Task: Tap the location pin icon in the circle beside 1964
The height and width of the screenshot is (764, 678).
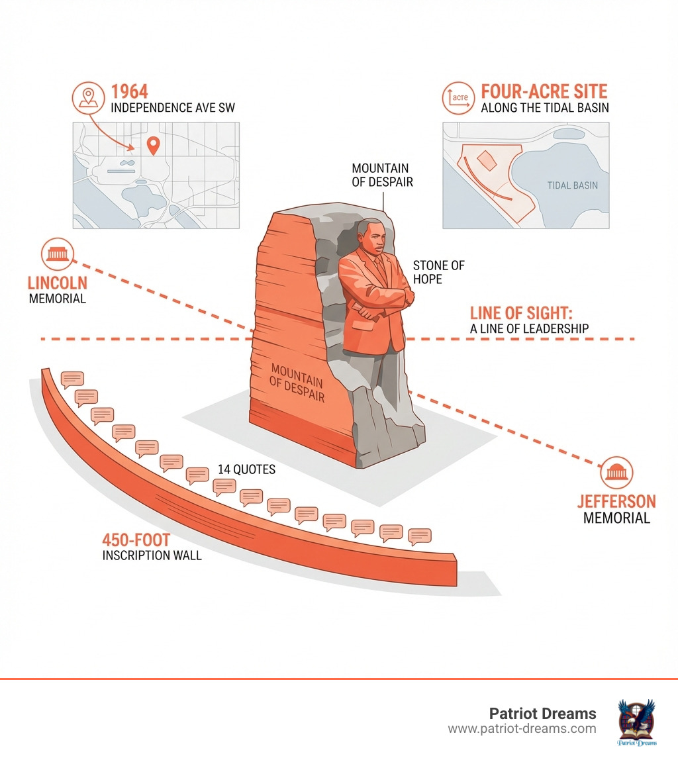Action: [x=87, y=97]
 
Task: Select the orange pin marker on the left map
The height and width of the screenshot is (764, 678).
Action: [x=153, y=145]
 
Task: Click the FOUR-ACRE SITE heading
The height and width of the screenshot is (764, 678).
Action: [x=544, y=91]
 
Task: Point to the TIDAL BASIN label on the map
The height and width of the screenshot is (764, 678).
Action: [x=572, y=185]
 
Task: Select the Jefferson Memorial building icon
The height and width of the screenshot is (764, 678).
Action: [x=616, y=473]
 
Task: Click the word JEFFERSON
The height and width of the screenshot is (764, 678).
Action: [x=616, y=501]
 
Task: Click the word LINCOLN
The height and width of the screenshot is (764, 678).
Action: [x=57, y=283]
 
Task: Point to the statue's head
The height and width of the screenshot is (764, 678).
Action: [x=371, y=239]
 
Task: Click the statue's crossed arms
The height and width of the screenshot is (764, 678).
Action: [x=378, y=302]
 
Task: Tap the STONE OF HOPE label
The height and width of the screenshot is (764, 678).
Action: [x=438, y=272]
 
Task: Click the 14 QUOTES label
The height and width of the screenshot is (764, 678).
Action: [x=246, y=469]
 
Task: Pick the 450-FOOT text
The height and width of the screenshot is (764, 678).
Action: [x=136, y=540]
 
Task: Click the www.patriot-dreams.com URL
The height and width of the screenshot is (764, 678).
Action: [x=522, y=729]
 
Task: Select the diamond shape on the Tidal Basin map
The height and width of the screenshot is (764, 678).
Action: [x=485, y=160]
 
